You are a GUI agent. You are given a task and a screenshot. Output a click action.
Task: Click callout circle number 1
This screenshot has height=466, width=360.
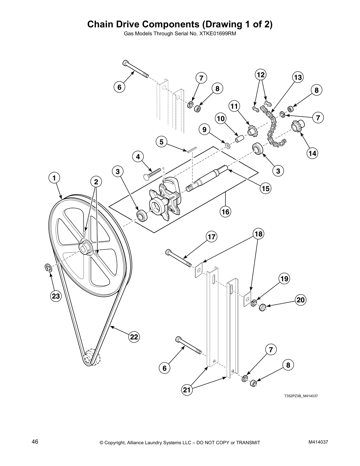pyautogui.click(x=54, y=178)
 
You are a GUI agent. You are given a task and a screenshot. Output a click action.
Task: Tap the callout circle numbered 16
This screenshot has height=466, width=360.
pyautogui.click(x=226, y=211)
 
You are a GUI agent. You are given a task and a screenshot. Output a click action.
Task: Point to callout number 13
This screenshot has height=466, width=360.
pyautogui.click(x=298, y=77)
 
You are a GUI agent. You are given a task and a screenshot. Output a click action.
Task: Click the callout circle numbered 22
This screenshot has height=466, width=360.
pyautogui.click(x=134, y=337)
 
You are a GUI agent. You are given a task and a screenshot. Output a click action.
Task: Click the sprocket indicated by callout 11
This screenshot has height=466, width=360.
pyautogui.click(x=251, y=132)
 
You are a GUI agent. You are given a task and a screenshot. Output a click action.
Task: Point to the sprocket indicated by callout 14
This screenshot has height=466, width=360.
pyautogui.click(x=296, y=127)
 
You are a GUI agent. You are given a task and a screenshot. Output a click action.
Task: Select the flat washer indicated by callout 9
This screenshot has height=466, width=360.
pyautogui.click(x=227, y=145)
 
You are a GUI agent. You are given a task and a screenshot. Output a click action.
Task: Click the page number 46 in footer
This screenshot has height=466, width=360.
pyautogui.click(x=35, y=442)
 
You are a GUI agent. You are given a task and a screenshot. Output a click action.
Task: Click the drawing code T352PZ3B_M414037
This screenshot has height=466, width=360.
pyautogui.click(x=301, y=396)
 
